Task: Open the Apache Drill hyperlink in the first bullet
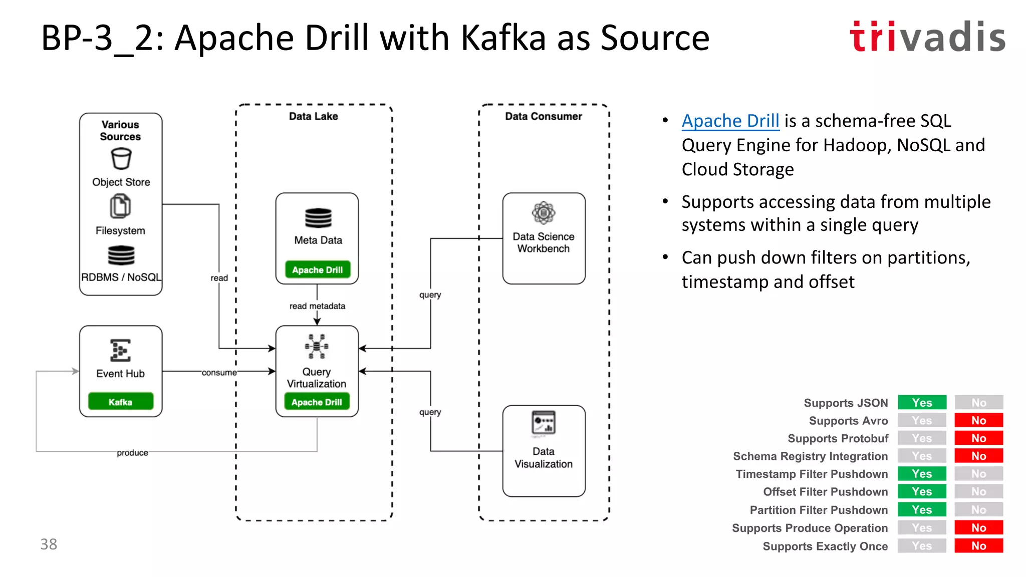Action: point(730,121)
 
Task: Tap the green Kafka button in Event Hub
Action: point(120,402)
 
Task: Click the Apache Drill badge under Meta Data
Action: point(317,270)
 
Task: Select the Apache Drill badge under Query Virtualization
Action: point(317,402)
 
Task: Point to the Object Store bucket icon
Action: point(121,159)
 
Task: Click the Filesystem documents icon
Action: point(120,206)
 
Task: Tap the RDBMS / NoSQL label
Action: point(121,277)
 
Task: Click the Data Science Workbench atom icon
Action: point(544,213)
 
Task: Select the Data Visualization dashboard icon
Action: point(544,423)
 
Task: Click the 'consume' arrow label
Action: point(219,372)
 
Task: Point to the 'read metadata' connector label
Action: point(317,306)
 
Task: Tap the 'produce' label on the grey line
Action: point(132,453)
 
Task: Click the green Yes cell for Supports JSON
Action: point(922,403)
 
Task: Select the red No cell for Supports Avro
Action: point(978,420)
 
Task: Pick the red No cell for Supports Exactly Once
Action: point(978,546)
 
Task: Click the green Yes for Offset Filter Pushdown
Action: point(922,492)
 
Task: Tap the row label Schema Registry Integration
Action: point(810,456)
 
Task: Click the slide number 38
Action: point(49,544)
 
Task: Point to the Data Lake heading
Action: point(313,116)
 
